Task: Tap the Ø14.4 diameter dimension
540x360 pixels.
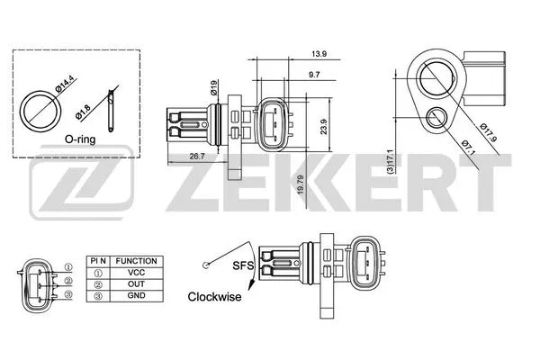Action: (63, 88)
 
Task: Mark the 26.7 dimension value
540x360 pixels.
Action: (194, 156)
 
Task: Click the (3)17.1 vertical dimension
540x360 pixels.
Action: (390, 163)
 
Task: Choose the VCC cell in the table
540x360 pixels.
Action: (136, 272)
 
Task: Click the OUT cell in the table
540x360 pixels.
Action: (136, 283)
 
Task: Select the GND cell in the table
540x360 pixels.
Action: (136, 294)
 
